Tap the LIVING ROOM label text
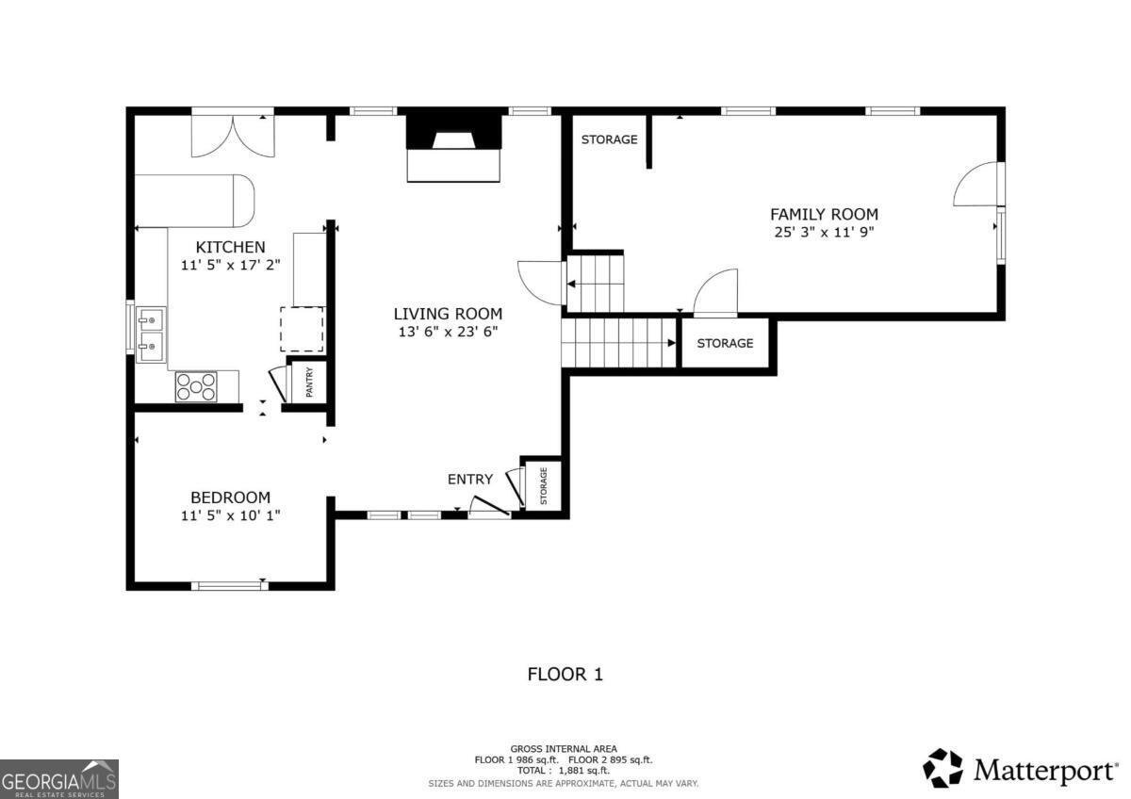coord(448,314)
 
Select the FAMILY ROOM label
coord(824,214)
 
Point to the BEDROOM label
coord(230,497)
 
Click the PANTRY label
coord(309,383)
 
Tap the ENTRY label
coord(469,480)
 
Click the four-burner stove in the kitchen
coord(196,386)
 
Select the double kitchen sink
coord(151,334)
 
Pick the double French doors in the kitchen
coord(233,133)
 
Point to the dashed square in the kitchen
coord(302,329)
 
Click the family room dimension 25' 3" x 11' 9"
coord(824,232)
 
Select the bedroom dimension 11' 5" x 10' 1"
coord(230,515)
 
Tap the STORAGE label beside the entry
coord(544,485)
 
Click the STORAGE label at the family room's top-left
coord(609,139)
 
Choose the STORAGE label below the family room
coord(725,343)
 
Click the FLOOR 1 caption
coord(565,674)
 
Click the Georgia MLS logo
coord(59,778)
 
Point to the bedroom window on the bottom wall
coord(229,586)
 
